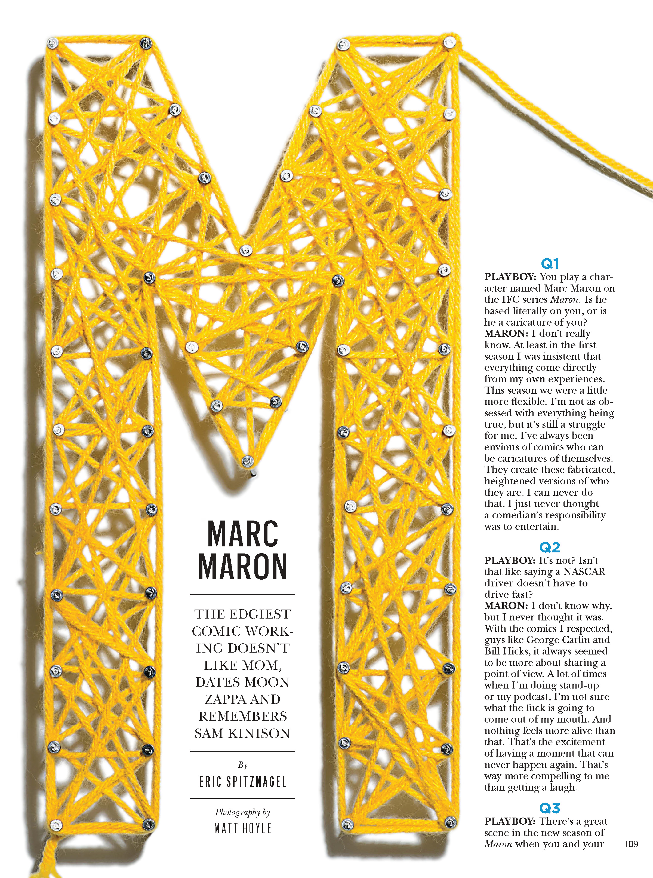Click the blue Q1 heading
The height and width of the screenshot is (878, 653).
pyautogui.click(x=549, y=264)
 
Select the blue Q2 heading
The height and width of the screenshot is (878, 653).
pyautogui.click(x=549, y=547)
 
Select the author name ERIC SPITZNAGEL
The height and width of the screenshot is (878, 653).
pyautogui.click(x=242, y=782)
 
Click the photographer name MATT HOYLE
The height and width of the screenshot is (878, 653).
pyautogui.click(x=242, y=828)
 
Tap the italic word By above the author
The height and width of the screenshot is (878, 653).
pyautogui.click(x=242, y=765)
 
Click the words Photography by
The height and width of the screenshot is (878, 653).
pyautogui.click(x=242, y=812)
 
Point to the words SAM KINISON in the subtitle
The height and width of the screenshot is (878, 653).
pyautogui.click(x=242, y=733)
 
